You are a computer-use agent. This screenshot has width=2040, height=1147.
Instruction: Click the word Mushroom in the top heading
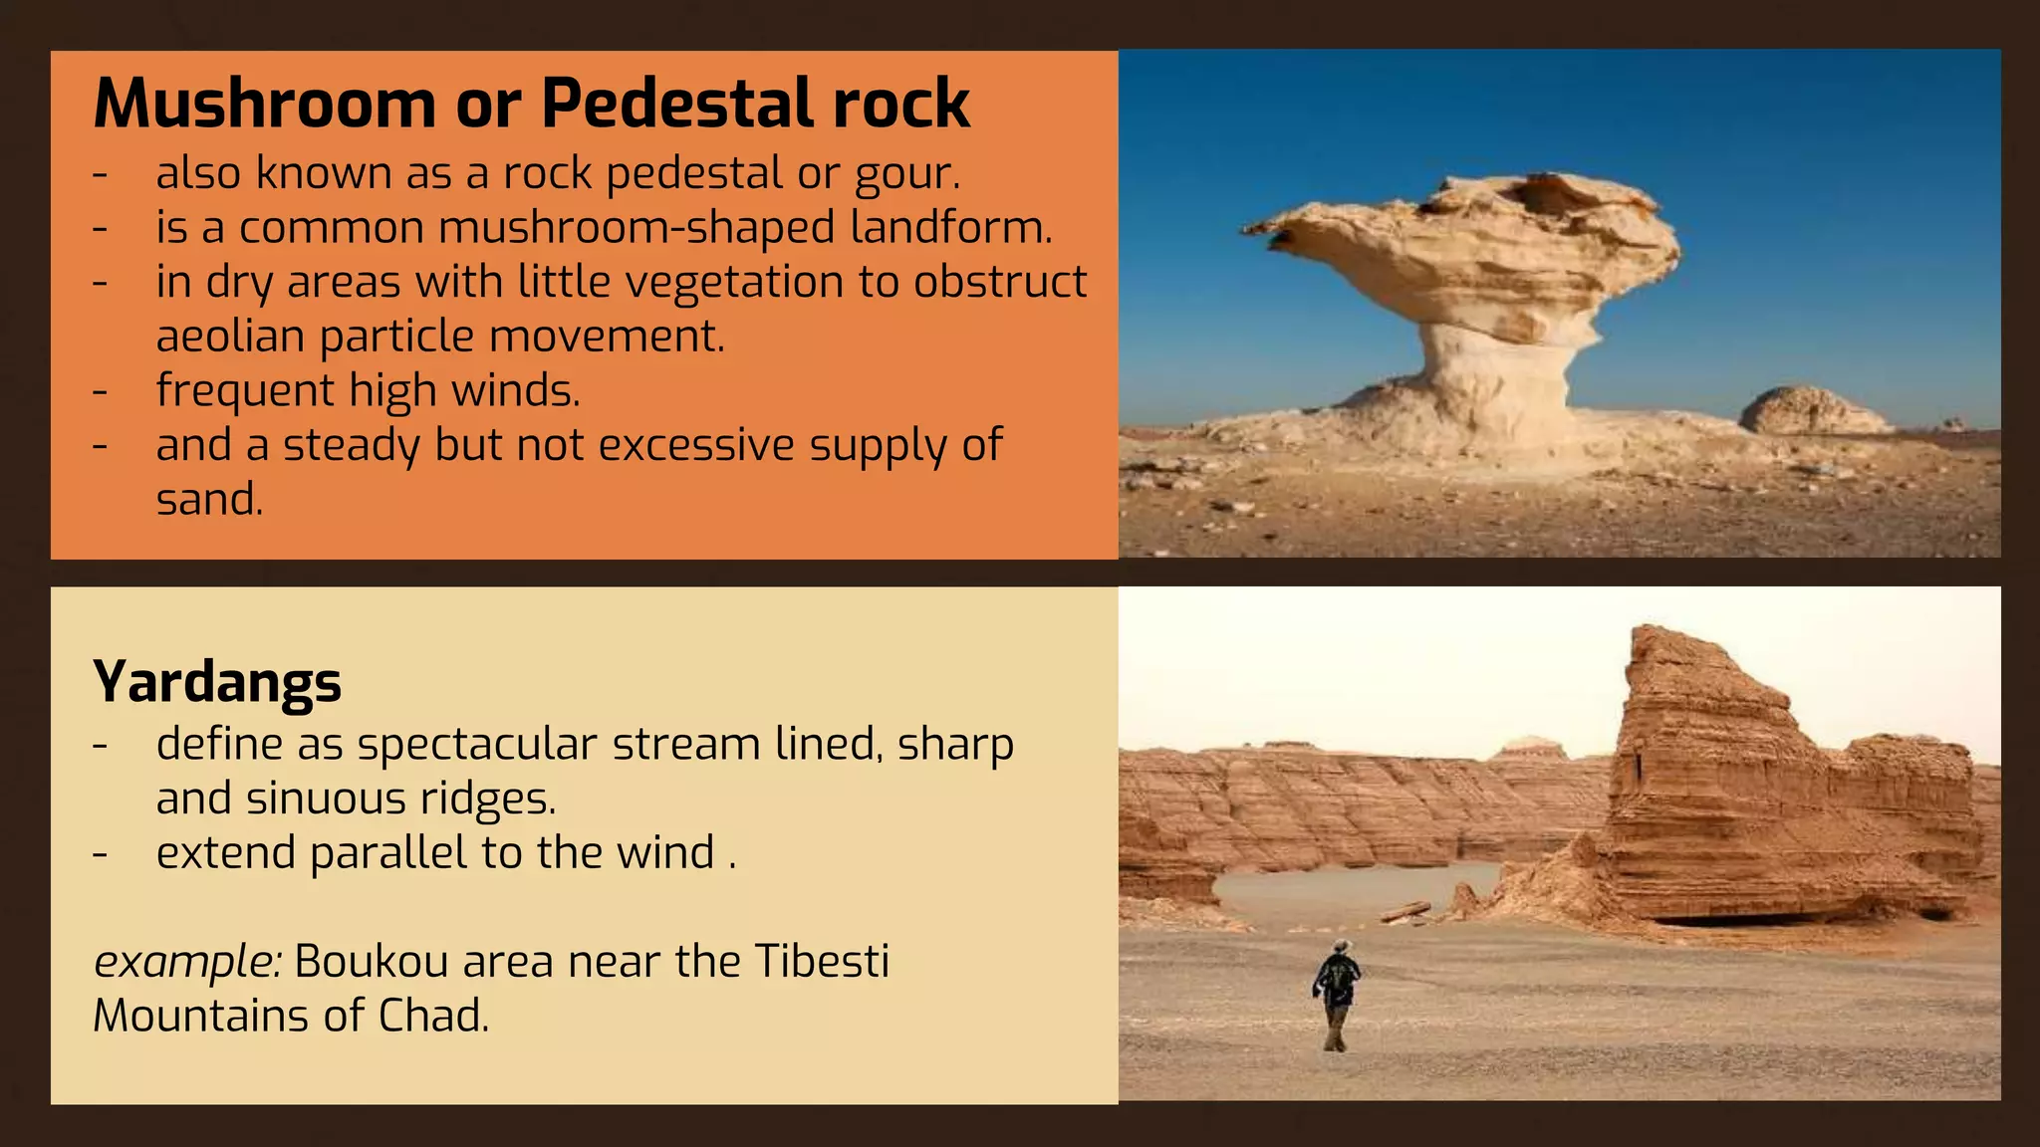click(264, 104)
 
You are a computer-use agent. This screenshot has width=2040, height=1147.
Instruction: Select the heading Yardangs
click(217, 683)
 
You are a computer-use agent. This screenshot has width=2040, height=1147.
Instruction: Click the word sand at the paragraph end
click(207, 500)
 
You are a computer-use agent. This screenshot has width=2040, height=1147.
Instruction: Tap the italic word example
click(186, 963)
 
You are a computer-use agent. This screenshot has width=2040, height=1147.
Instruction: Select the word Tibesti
click(822, 962)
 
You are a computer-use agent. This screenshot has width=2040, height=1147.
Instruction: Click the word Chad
click(432, 1017)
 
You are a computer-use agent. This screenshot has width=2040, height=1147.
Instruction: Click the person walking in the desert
click(1337, 996)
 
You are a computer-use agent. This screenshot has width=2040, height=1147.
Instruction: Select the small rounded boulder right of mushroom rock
click(1811, 411)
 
